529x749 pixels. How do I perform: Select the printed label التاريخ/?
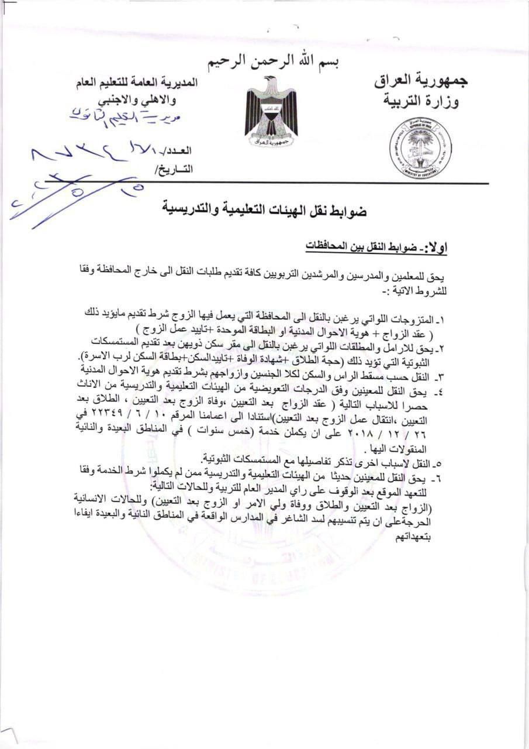pos(175,170)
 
